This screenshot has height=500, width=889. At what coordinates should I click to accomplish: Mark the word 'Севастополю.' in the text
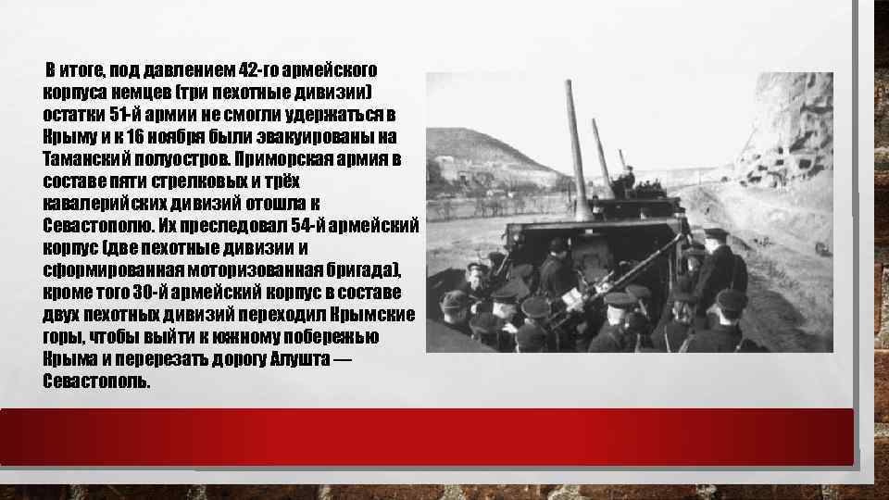pyautogui.click(x=99, y=224)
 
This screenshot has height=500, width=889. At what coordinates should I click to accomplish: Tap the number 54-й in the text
pyautogui.click(x=302, y=224)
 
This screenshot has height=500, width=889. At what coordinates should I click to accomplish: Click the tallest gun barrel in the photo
pyautogui.click(x=576, y=148)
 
